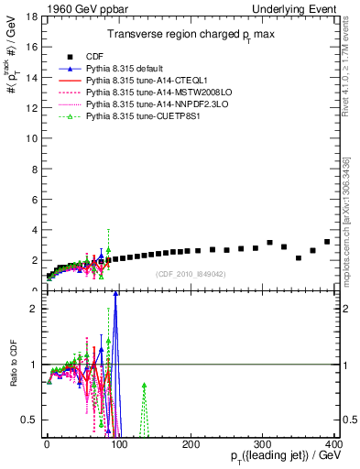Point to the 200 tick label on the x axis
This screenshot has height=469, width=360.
pyautogui.click(x=191, y=443)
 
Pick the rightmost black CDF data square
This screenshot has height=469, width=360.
pyautogui.click(x=327, y=242)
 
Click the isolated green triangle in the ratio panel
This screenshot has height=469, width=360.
pyautogui.click(x=144, y=386)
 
